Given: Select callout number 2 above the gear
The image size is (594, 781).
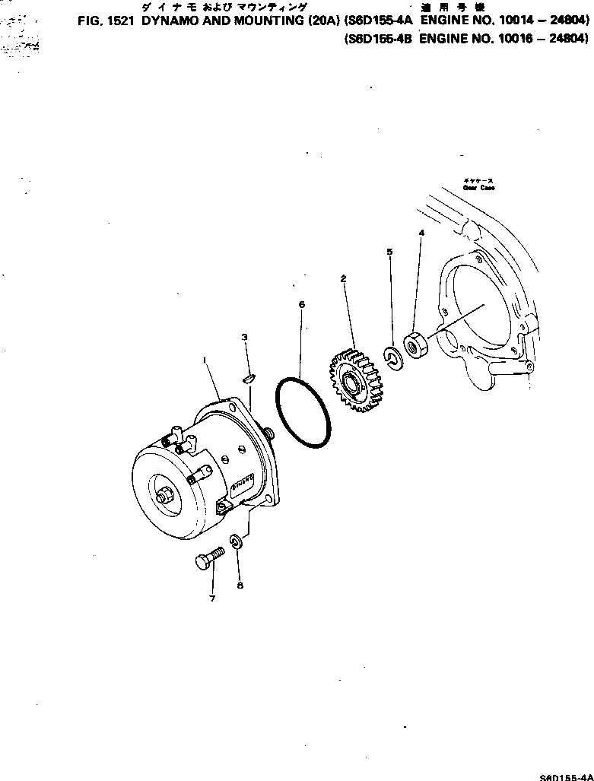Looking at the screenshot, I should coord(343,279).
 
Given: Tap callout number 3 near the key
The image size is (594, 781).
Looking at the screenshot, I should coord(243,337).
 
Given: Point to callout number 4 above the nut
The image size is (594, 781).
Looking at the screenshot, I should coord(421,232).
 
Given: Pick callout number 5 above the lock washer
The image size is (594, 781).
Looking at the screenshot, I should coord(390,251).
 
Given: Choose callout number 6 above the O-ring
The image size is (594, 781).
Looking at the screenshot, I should coord(301,304).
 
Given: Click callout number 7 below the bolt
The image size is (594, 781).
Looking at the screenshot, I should coord(212,598).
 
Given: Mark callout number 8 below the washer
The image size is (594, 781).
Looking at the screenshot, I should coord(240,586).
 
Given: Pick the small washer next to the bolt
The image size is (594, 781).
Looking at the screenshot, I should coord(236,541).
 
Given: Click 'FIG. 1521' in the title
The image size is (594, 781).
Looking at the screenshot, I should coord(108,23).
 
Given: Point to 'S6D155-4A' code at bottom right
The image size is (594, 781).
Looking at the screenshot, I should coord(565,775).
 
